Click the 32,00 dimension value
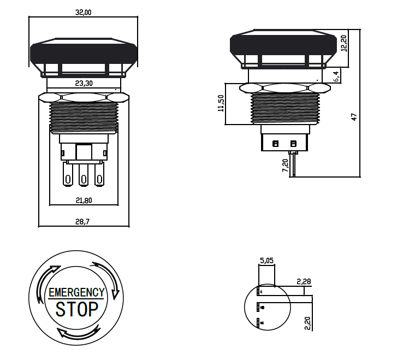point(83,12)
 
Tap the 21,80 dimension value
point(83,200)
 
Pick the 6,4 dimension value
point(336,76)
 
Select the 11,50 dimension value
point(221,103)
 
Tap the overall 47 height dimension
point(353,116)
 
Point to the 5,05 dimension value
point(266,261)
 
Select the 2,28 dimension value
point(304,281)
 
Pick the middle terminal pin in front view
point(84,177)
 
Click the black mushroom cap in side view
point(283,45)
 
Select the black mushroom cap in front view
point(83,52)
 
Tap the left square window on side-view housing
point(275,144)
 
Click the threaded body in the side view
point(283,108)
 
